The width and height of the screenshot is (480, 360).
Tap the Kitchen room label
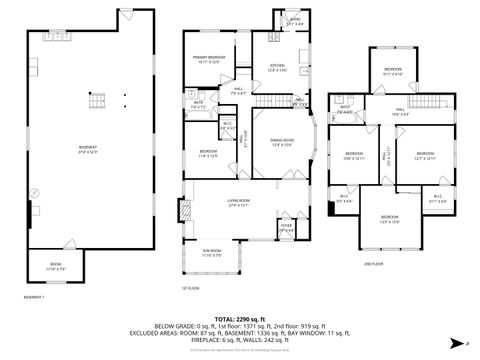[277, 67]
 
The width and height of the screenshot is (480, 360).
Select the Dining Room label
[281, 141]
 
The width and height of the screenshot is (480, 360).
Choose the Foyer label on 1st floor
[286, 227]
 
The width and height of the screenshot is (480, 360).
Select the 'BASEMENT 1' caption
[34, 297]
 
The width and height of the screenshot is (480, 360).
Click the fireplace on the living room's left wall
[183, 211]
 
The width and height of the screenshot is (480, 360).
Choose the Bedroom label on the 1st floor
[208, 154]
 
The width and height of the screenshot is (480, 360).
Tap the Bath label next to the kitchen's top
[296, 21]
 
